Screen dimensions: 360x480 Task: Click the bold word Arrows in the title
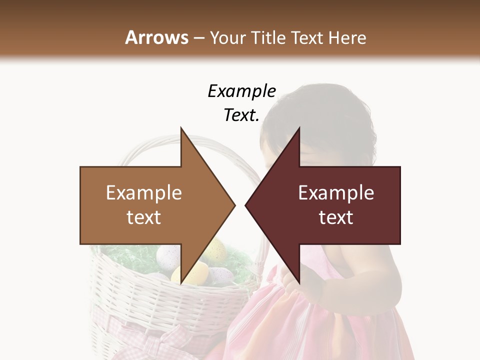[x=156, y=37]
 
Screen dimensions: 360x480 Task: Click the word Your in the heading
[x=227, y=37]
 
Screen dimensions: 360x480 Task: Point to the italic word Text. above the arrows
[x=241, y=115]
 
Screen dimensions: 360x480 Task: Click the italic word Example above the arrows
[x=241, y=91]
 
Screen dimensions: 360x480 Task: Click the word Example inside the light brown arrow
[x=144, y=192]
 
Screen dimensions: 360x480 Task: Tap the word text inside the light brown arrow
[x=144, y=217]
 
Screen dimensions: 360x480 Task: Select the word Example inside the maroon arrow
[x=336, y=192]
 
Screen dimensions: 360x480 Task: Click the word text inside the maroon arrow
[x=336, y=217]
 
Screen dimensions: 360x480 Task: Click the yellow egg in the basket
[x=183, y=273]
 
